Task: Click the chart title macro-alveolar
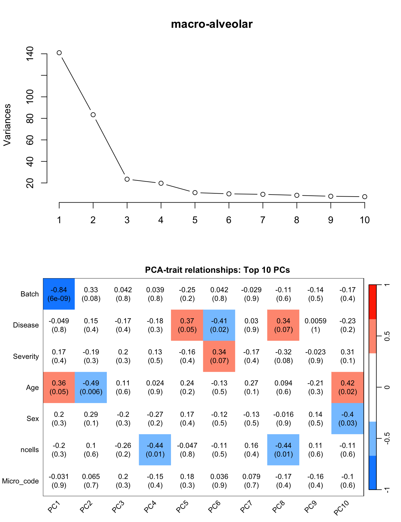pos(212,24)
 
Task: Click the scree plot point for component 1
pos(59,53)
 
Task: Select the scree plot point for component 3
pos(127,179)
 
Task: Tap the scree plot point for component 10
pos(365,197)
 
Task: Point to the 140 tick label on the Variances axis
pos(30,54)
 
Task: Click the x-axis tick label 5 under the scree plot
pos(195,220)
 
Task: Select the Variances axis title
pos(7,125)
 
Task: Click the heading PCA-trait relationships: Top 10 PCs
pos(217,270)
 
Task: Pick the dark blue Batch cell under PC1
pos(59,294)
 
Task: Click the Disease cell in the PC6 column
pos(219,325)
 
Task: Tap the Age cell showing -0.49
pos(91,388)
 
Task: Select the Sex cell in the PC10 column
pos(348,419)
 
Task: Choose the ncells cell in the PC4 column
pos(155,450)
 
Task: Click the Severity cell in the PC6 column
pos(219,356)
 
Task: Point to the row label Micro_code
pos(20,481)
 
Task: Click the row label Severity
pos(26,356)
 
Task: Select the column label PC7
pos(246,507)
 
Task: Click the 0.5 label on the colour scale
pos(387,336)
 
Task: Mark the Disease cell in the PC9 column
pos(315,325)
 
